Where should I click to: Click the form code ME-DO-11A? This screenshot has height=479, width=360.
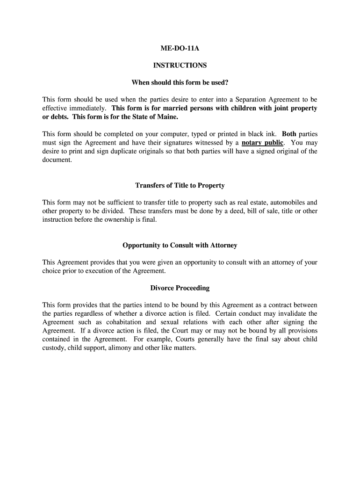180,49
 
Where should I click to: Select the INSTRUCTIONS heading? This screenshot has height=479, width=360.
180,65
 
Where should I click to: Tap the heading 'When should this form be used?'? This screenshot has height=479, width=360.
180,83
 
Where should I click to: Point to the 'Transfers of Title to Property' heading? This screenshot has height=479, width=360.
180,186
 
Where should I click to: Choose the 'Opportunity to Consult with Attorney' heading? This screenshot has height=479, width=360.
180,246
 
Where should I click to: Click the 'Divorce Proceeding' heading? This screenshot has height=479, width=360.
180,288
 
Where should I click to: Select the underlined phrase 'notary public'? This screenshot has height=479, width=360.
262,143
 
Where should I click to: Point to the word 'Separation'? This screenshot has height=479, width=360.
253,100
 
